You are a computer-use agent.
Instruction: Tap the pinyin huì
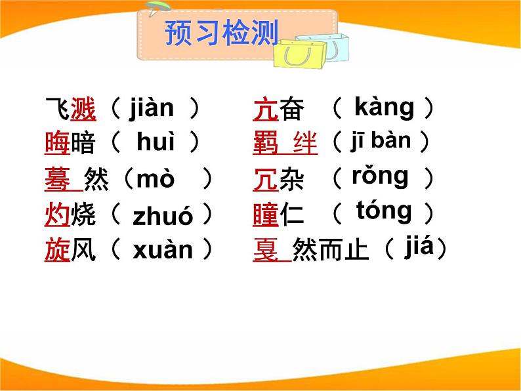click(156, 142)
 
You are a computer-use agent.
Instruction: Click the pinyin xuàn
click(163, 250)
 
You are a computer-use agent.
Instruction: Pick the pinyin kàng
click(384, 107)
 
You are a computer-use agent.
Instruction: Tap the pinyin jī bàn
click(381, 140)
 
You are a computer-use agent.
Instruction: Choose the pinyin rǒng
click(380, 176)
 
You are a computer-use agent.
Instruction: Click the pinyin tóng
click(385, 211)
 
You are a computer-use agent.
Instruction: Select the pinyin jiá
click(420, 247)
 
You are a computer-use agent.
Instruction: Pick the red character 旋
click(57, 250)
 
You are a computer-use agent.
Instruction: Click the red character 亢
click(266, 109)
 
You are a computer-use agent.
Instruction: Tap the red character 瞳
click(266, 215)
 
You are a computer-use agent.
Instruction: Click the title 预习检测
click(221, 33)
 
